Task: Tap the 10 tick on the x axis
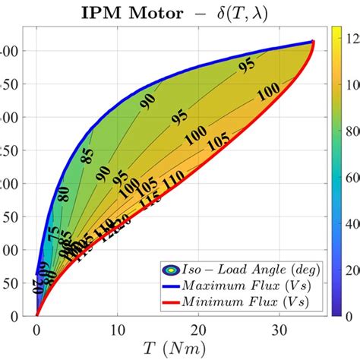coord(118,330)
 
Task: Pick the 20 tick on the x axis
coord(200,330)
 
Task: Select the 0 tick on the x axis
coord(36,330)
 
